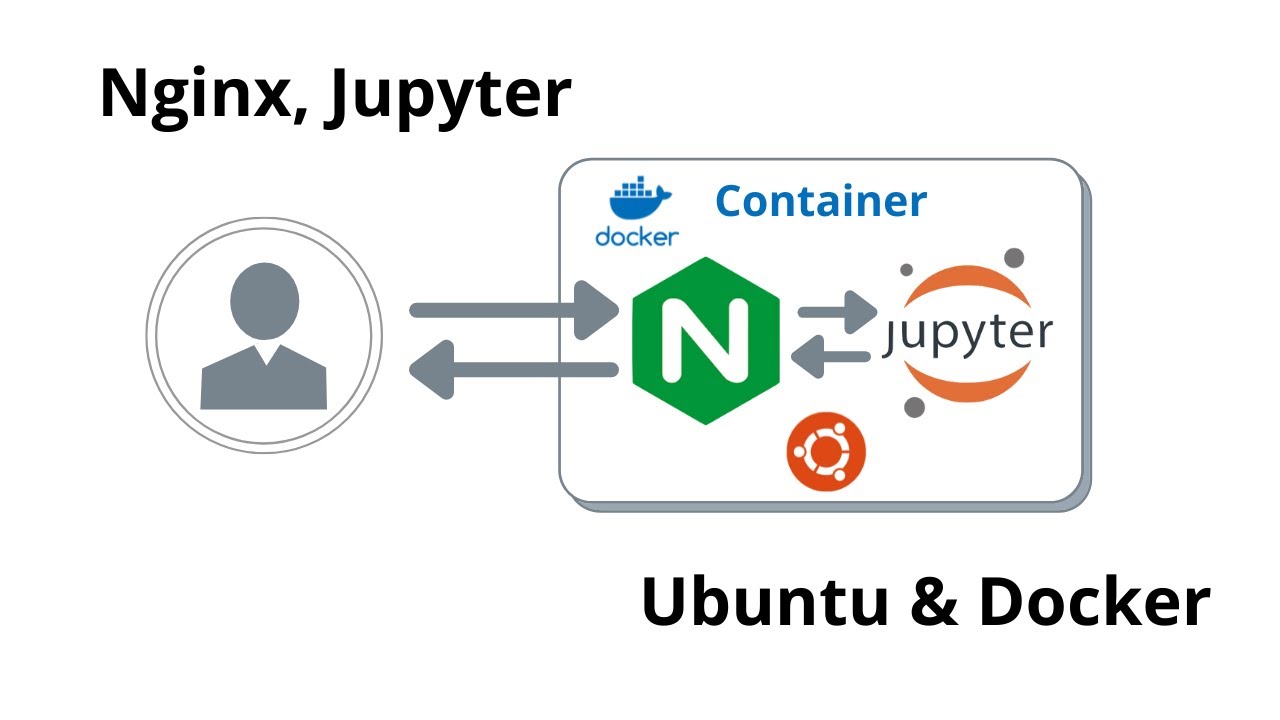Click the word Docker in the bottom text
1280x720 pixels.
click(1094, 603)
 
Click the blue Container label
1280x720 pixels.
click(821, 201)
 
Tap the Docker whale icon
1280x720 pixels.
click(637, 200)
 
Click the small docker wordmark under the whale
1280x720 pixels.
click(637, 237)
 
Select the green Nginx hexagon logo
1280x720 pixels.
click(706, 340)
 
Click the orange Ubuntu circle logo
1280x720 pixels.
click(826, 454)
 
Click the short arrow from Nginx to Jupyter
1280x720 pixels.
click(836, 312)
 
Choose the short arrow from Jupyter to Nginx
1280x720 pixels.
click(830, 356)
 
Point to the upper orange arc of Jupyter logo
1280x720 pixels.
click(966, 282)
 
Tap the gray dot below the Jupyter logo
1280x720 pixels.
click(914, 407)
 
